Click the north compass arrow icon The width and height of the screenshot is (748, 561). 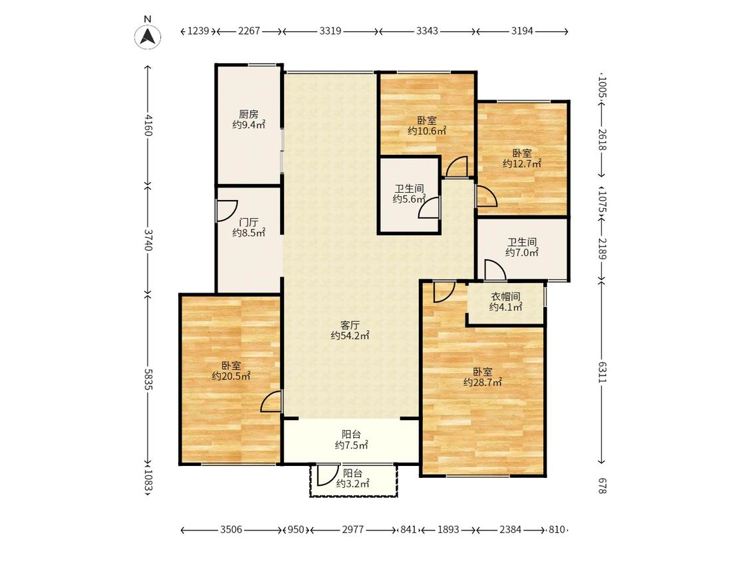[x=148, y=37]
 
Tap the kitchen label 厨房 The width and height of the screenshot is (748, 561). [x=249, y=114]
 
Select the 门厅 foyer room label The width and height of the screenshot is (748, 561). [x=249, y=222]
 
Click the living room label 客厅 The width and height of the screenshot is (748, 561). [x=350, y=325]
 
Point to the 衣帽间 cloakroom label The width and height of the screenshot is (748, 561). [x=506, y=296]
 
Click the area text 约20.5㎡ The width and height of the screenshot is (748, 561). [x=231, y=376]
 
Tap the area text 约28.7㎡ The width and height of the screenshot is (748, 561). [x=482, y=382]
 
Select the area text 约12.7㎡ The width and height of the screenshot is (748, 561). [x=522, y=164]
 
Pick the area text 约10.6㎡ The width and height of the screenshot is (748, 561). [x=427, y=131]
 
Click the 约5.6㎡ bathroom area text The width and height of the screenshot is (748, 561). [x=409, y=199]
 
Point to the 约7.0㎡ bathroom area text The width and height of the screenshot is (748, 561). [x=522, y=253]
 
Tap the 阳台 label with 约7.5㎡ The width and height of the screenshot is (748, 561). [x=351, y=435]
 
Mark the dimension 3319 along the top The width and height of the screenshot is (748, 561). [x=330, y=31]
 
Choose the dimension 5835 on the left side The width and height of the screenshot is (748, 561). [x=148, y=380]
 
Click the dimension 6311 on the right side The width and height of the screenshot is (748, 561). [x=602, y=372]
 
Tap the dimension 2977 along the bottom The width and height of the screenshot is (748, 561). [x=353, y=530]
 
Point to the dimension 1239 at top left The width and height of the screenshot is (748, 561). [x=198, y=31]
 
